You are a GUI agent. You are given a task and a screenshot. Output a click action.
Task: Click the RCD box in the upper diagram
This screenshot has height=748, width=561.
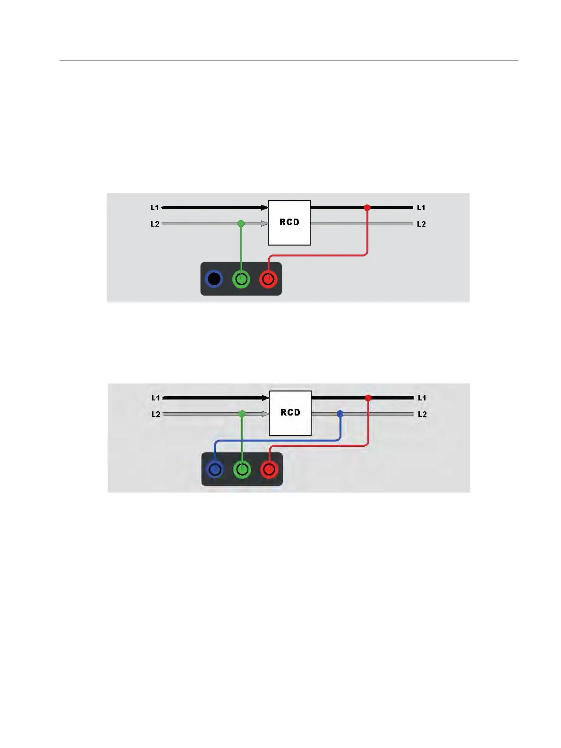pos(289,222)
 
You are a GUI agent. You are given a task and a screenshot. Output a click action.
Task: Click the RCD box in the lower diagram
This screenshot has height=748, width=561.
pos(290,413)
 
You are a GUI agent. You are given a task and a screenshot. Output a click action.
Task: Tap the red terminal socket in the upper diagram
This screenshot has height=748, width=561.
pos(268,279)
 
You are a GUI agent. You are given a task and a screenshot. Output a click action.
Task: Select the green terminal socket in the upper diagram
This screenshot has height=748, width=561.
pos(241,279)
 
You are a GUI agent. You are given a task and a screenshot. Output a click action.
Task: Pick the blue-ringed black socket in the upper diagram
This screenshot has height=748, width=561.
pos(214,279)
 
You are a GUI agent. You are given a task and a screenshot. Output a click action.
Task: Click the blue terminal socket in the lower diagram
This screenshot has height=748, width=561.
pos(215,469)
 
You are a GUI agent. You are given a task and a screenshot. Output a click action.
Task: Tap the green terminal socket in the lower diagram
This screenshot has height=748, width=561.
pos(242,469)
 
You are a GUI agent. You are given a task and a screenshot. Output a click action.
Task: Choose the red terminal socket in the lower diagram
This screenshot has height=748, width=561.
pos(269,469)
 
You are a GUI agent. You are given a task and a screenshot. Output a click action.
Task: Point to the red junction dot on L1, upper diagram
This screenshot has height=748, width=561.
pos(367,207)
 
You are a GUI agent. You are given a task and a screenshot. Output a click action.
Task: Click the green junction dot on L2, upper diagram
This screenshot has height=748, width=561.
pos(241,223)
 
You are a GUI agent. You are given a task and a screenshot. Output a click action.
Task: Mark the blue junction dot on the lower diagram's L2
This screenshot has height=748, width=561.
pos(340,414)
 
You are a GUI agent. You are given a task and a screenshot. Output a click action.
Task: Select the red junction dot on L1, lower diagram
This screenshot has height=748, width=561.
pos(368,398)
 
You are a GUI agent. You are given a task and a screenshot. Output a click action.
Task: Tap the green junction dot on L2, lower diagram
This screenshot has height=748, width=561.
pos(242,414)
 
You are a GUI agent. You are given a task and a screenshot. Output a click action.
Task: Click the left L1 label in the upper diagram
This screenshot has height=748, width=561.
pos(155,208)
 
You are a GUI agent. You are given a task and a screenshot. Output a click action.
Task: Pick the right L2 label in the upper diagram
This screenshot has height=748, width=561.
pos(421,224)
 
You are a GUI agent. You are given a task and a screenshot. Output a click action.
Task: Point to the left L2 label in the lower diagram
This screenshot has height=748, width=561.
pos(156,415)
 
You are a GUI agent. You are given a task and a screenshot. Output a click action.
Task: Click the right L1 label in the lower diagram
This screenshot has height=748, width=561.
pos(422,398)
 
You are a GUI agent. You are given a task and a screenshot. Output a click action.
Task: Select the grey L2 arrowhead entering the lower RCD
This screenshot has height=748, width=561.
pos(266,414)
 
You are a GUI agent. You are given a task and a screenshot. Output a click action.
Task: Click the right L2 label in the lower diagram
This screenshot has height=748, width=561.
pos(422,415)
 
